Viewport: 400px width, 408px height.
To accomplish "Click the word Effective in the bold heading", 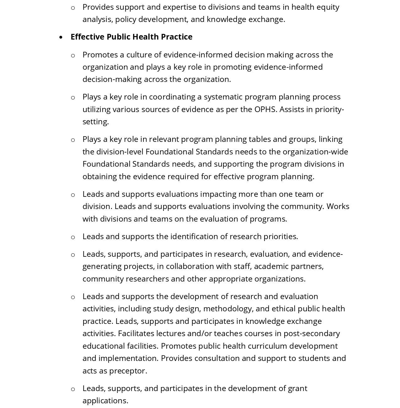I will (87, 37).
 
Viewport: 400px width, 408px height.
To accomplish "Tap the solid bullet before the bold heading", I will (61, 37).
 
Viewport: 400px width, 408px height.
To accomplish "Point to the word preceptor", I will (128, 371).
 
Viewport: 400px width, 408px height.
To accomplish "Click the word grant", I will (297, 388).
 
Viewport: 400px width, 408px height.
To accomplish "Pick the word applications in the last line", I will (105, 400).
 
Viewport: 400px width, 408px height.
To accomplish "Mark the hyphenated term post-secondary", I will (312, 333).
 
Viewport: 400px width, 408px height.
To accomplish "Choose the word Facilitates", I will (136, 333).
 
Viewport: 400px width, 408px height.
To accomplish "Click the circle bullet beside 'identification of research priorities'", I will (73, 237).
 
